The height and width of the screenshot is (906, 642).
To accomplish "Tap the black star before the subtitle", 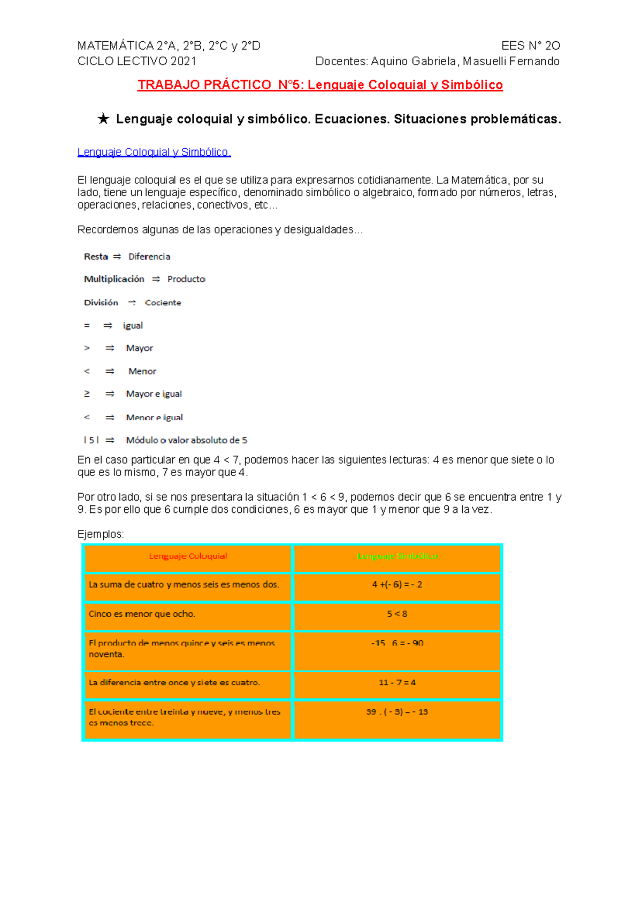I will [103, 119].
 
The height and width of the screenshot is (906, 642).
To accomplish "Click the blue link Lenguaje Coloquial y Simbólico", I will [154, 152].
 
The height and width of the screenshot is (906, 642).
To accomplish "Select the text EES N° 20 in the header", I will [530, 46].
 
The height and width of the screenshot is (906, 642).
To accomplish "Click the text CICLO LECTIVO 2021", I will [137, 62].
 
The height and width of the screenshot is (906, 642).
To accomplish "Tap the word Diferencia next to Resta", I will [149, 257].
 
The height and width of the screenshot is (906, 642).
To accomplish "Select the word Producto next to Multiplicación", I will [186, 279].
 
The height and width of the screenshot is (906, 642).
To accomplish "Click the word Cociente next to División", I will [163, 303].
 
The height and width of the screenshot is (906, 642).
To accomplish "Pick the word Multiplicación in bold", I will [114, 279].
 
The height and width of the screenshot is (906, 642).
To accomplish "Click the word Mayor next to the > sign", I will [140, 348].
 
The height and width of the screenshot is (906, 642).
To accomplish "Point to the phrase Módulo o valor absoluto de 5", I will [187, 440].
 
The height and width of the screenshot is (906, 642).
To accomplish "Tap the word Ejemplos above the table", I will [101, 534].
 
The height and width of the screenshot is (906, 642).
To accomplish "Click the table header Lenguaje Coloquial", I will [188, 556].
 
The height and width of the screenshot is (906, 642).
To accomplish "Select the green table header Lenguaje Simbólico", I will [397, 556].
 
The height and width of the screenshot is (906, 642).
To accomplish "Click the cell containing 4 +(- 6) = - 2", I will [397, 585].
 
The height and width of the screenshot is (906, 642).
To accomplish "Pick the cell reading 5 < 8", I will [397, 614].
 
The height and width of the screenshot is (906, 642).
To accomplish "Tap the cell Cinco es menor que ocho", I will [142, 614].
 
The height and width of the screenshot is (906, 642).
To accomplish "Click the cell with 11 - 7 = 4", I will [397, 682].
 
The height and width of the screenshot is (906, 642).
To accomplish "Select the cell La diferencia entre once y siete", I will [174, 682].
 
